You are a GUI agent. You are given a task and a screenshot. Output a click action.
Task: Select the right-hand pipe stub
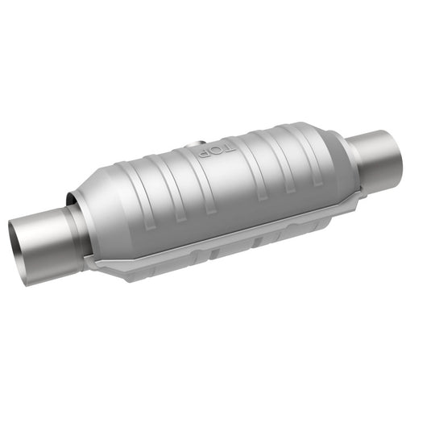pyautogui.click(x=379, y=161)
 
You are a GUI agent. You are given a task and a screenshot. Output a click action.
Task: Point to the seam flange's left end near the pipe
pyautogui.click(x=97, y=266)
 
